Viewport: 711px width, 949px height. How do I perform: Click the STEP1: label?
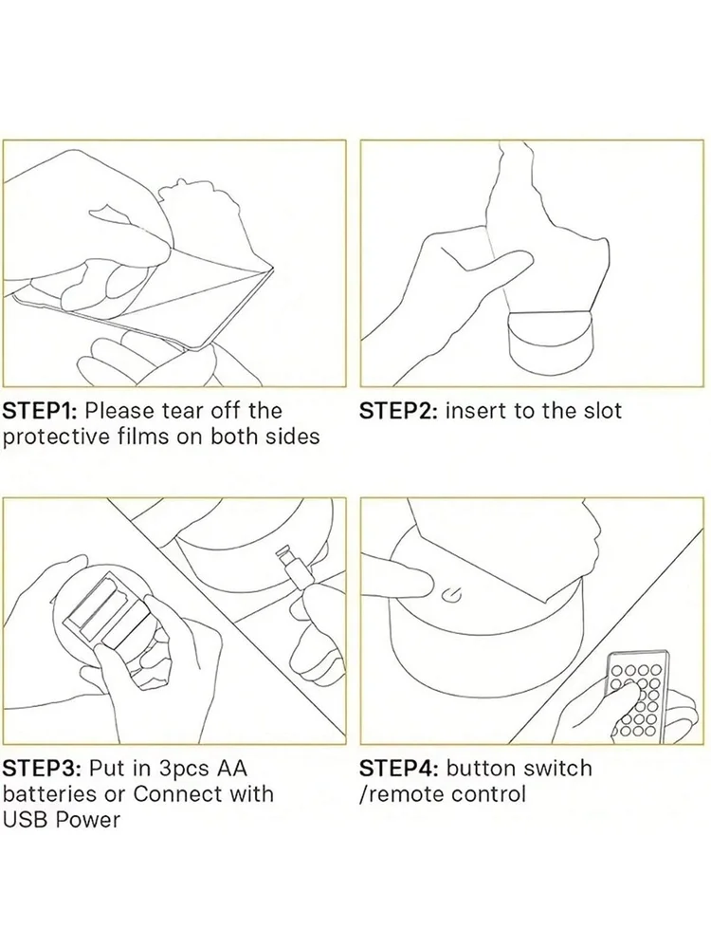click(40, 411)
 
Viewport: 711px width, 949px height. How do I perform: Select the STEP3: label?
click(41, 768)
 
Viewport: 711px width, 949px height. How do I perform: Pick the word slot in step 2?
click(602, 411)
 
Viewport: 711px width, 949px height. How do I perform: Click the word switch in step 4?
click(557, 768)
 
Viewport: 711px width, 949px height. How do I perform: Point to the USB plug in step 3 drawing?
click(292, 566)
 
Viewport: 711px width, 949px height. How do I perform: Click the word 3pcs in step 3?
click(183, 770)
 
